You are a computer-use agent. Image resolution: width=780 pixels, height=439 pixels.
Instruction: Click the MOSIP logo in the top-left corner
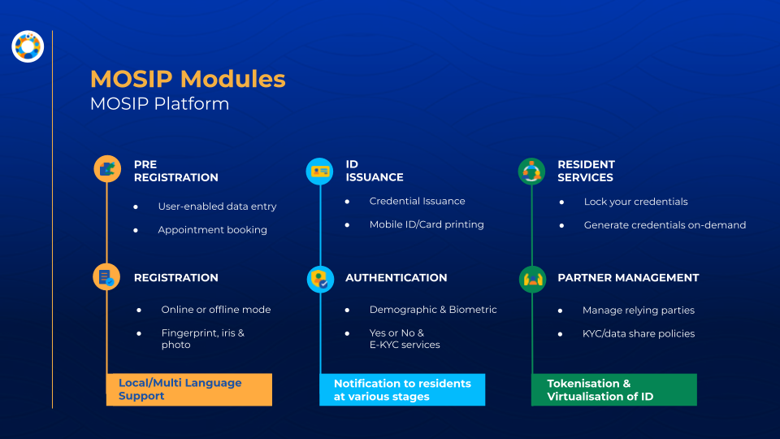28,46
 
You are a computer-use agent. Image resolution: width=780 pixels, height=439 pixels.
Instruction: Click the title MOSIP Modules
188,79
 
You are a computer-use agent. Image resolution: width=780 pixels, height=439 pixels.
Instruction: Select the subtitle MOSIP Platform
159,104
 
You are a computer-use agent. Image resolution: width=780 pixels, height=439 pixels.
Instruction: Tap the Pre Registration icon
106,169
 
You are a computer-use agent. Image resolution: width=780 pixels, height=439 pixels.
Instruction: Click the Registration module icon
106,277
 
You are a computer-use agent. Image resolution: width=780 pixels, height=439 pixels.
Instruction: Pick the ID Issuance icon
319,171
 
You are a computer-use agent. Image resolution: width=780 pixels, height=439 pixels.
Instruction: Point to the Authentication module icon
320,279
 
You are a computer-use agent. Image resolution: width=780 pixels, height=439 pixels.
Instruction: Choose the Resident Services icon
531,171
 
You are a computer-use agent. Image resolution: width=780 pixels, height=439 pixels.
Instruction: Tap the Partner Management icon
532,279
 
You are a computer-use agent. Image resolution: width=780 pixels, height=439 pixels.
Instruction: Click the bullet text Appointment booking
212,230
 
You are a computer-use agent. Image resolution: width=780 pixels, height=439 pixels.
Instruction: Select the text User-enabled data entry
217,206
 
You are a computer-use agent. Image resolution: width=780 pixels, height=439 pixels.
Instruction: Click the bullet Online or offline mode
215,310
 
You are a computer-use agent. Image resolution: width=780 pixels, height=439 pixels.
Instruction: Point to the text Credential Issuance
417,201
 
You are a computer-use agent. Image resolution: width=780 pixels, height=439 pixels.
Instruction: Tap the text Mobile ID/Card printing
427,224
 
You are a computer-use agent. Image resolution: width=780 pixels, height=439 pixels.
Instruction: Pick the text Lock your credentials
635,202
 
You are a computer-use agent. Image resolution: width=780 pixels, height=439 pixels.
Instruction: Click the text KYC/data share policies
639,333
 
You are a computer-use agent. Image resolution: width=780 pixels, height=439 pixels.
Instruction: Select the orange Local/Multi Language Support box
189,389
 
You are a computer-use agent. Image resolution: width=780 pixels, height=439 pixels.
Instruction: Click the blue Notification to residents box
403,389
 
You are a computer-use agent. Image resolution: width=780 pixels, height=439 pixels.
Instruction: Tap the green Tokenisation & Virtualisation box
614,389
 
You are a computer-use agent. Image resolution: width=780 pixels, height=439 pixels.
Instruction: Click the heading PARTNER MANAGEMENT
628,278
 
